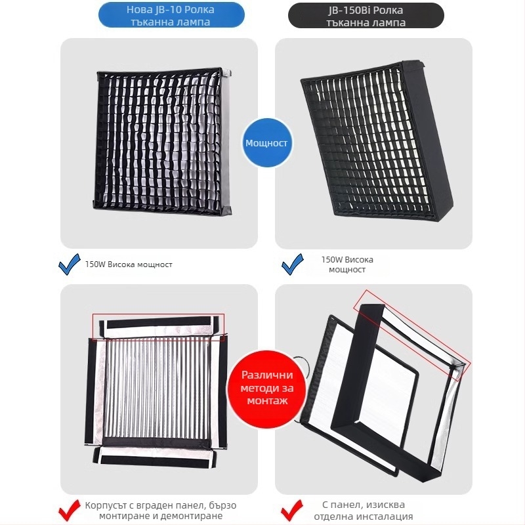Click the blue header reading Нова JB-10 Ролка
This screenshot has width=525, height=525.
(x=170, y=14)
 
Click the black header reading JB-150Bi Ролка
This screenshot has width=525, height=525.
(x=366, y=14)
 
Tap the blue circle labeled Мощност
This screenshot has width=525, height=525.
(x=266, y=142)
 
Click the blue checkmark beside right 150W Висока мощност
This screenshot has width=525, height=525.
(x=292, y=265)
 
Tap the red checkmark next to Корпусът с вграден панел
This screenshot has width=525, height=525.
(x=68, y=509)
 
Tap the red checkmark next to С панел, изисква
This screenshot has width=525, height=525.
(x=292, y=509)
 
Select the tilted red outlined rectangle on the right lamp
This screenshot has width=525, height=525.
(x=411, y=335)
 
